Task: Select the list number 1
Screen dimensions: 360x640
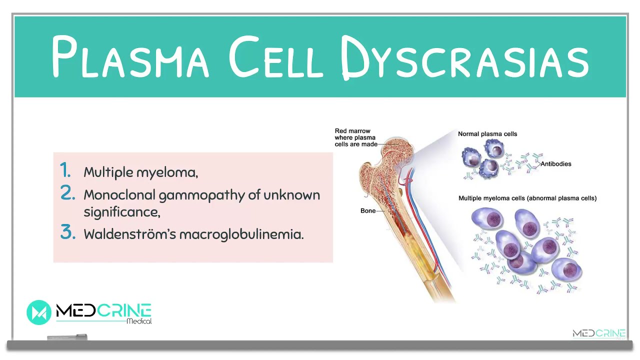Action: [65, 171]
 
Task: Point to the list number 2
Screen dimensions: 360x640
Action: [67, 193]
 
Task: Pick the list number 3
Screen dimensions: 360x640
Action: [67, 232]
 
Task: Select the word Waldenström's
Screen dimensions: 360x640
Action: [129, 234]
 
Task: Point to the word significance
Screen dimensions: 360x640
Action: [121, 212]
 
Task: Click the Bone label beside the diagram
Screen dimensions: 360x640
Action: [368, 211]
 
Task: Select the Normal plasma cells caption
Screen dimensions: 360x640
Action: [487, 134]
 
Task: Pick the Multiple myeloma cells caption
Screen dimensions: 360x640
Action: [527, 198]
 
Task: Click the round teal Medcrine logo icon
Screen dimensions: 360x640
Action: [39, 312]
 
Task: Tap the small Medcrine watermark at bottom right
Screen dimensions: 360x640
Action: [598, 334]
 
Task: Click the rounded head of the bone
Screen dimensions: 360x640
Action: [395, 150]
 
